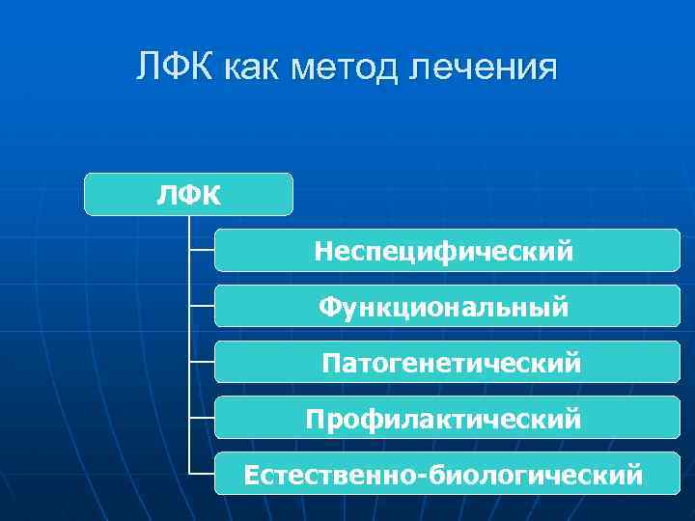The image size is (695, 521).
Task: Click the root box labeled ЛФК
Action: click(188, 194)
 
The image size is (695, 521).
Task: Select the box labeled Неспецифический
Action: click(447, 251)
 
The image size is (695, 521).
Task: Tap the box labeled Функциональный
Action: click(447, 307)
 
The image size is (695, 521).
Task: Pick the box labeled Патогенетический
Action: click(447, 363)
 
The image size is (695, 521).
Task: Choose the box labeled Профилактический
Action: click(447, 419)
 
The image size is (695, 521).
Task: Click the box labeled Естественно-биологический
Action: click(447, 475)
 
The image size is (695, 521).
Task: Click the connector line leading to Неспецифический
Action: click(202, 251)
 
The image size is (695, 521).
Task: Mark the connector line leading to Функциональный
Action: click(202, 307)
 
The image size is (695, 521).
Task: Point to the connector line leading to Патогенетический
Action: click(202, 363)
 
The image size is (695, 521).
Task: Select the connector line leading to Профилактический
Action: click(202, 419)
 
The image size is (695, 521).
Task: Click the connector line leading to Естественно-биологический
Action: click(202, 475)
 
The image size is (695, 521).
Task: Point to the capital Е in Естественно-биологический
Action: click(252, 475)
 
